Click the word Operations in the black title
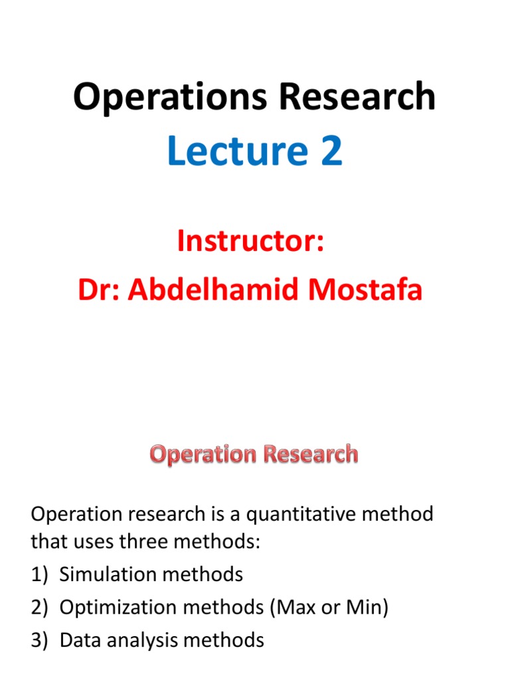171,97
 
